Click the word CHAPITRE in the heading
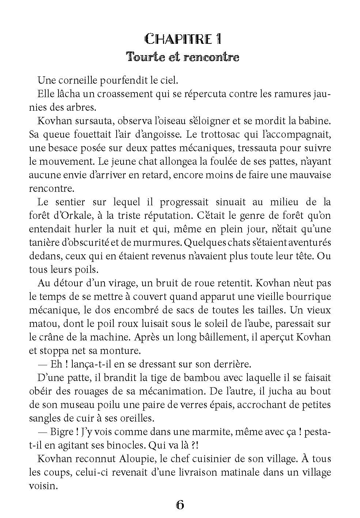tap(174, 39)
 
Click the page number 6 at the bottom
tap(180, 505)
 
